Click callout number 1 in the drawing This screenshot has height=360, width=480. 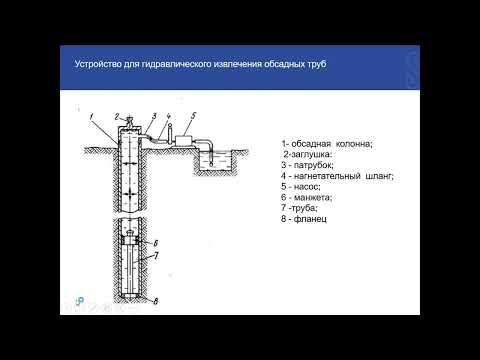pyautogui.click(x=92, y=116)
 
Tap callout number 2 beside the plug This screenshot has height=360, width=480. pyautogui.click(x=117, y=117)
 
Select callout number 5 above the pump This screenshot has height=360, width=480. pyautogui.click(x=193, y=116)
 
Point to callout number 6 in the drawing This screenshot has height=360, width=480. pyautogui.click(x=156, y=243)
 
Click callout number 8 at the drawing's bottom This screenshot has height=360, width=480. pyautogui.click(x=156, y=301)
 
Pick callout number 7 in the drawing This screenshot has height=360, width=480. pyautogui.click(x=156, y=256)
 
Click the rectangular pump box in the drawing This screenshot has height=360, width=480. pyautogui.click(x=184, y=140)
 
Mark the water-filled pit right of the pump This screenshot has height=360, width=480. pyautogui.click(x=216, y=162)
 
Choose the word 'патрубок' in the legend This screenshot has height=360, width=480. pyautogui.click(x=314, y=165)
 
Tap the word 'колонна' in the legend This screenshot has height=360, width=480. pyautogui.click(x=354, y=144)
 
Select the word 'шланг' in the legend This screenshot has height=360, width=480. pyautogui.click(x=380, y=176)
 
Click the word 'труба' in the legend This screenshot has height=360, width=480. pyautogui.click(x=304, y=208)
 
